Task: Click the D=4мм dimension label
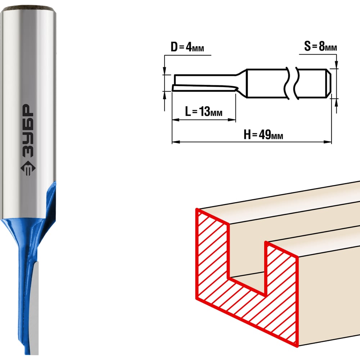click(187, 47)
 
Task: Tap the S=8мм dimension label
click(320, 46)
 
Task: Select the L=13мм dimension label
click(204, 112)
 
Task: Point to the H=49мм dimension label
click(264, 134)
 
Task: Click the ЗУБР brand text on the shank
click(28, 131)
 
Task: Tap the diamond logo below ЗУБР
click(28, 168)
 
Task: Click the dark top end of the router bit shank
click(28, 10)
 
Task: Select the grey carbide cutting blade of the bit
click(35, 308)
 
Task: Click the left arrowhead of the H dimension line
click(176, 142)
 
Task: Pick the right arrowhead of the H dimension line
click(328, 142)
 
